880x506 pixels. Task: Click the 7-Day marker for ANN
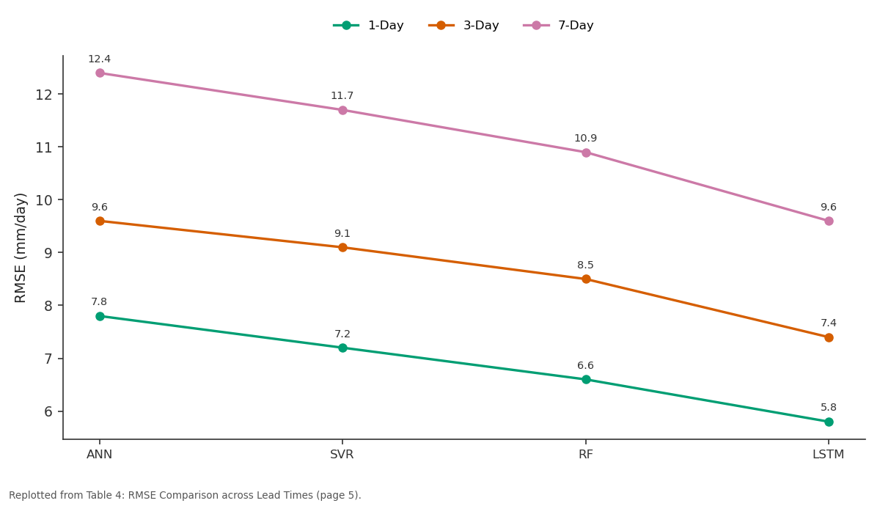click(100, 73)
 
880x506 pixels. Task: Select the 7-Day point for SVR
click(342, 110)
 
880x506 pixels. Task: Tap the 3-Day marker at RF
click(586, 279)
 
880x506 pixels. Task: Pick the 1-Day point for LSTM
click(829, 422)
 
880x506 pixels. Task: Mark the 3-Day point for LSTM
click(829, 337)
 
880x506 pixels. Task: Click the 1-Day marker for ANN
click(100, 316)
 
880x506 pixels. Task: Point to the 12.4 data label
click(100, 59)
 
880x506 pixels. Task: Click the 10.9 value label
click(585, 139)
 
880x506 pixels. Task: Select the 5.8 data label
click(828, 408)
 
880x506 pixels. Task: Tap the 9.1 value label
click(342, 234)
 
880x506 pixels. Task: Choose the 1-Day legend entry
click(368, 26)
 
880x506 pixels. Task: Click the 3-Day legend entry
click(463, 26)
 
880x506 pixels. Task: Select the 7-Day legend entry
click(558, 26)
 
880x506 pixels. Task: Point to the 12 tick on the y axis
click(43, 95)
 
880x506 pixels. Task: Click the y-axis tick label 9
click(48, 253)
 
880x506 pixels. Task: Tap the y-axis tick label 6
click(48, 411)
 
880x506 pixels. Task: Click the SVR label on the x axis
click(342, 455)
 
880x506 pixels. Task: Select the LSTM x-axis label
click(828, 455)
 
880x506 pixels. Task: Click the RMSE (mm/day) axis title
click(20, 248)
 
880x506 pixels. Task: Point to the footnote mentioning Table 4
click(185, 495)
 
